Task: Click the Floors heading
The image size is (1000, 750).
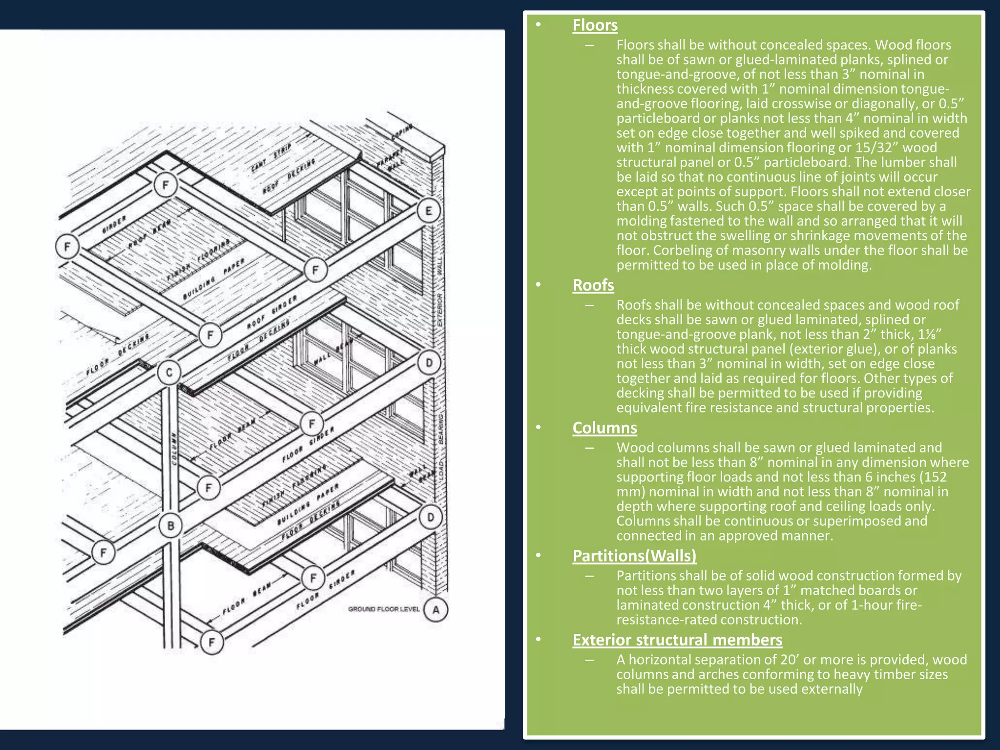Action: pos(595,25)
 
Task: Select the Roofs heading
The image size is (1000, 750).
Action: pos(593,285)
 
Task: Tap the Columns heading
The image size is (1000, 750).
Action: pos(604,428)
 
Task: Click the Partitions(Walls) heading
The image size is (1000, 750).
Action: pos(634,556)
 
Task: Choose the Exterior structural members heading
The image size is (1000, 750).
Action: pos(677,640)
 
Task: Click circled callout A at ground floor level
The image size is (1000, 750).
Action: pos(436,609)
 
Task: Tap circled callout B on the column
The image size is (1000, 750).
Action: pos(170,526)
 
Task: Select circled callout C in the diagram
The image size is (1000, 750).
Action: pos(169,373)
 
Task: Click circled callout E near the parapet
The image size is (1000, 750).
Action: pos(429,211)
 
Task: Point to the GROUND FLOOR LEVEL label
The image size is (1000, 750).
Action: pos(383,609)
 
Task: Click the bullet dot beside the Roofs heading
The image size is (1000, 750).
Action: pos(538,285)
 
